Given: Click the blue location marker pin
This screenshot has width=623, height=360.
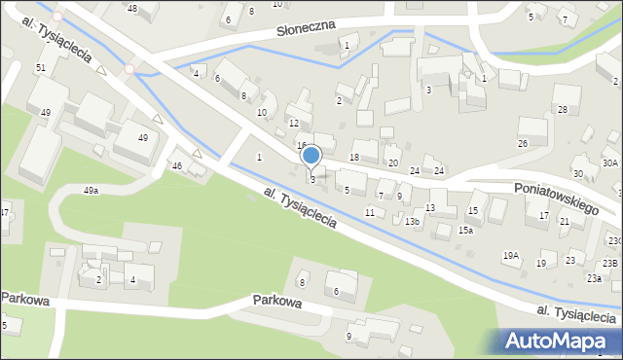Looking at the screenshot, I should [311, 156].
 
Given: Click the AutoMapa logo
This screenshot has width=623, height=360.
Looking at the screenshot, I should [559, 341].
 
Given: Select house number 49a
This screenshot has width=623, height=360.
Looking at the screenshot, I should [91, 191].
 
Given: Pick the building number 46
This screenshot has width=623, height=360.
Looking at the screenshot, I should [176, 166].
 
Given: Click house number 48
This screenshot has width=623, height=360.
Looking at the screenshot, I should [132, 9].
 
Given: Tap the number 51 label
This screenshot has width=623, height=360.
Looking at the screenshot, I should [40, 67].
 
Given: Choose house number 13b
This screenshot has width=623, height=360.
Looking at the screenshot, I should [413, 222].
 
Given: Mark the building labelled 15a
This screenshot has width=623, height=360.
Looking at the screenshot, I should [466, 230].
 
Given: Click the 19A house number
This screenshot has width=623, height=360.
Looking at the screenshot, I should [510, 255].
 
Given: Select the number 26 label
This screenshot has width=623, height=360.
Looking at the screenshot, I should [522, 143].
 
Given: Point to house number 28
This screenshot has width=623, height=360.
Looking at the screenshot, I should [562, 111].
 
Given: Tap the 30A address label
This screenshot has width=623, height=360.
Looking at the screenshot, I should [609, 162].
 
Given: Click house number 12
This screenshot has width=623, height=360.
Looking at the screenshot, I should [294, 124].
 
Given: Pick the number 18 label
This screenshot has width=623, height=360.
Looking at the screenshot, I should [354, 157].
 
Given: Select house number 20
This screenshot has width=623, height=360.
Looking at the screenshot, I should [393, 162].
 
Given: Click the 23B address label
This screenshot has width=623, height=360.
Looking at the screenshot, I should [609, 263].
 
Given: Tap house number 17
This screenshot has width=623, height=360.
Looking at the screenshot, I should [543, 215].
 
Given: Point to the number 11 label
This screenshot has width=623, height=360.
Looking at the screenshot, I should [369, 211].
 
